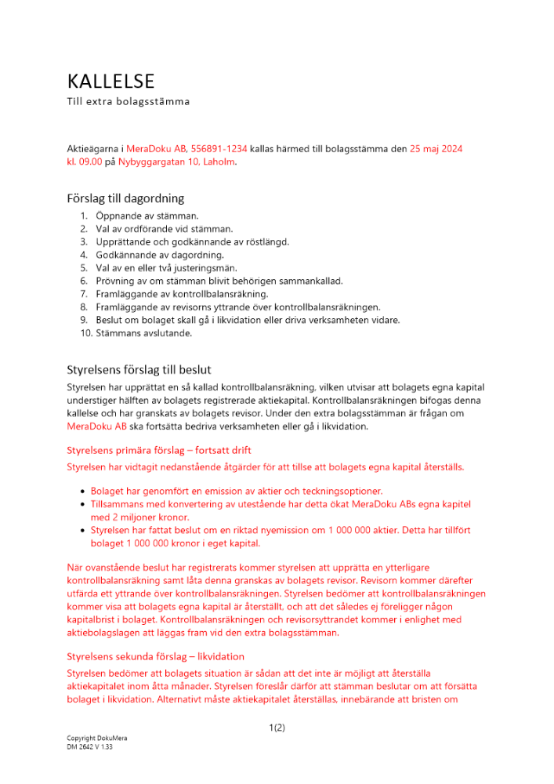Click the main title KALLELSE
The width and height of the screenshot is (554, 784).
pos(110,82)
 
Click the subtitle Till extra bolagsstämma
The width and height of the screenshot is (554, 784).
pos(128,102)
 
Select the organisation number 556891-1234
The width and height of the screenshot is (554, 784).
pos(224,148)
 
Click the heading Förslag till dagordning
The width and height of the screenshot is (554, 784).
pos(125,199)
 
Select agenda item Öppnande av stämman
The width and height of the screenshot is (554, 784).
pos(147,216)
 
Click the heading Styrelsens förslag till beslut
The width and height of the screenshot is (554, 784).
pos(139,370)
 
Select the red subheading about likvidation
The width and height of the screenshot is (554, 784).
pos(156,656)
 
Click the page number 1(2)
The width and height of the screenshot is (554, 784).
pos(277,728)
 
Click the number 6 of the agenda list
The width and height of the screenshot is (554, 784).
pos(83,281)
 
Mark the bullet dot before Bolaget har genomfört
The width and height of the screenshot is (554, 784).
pos(83,491)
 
